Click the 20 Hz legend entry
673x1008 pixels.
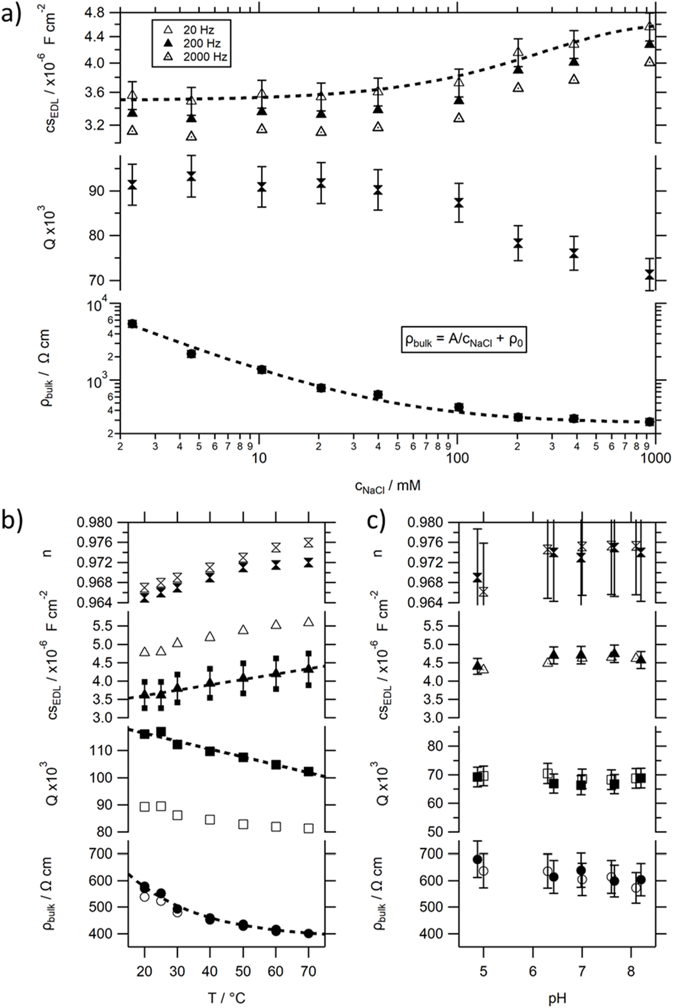click(191, 31)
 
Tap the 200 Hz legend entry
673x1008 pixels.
click(191, 44)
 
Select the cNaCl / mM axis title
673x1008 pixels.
click(387, 486)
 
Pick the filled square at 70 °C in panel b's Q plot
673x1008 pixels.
click(309, 771)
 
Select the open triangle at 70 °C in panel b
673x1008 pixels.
click(309, 622)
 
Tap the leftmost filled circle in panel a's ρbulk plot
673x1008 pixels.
click(132, 323)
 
